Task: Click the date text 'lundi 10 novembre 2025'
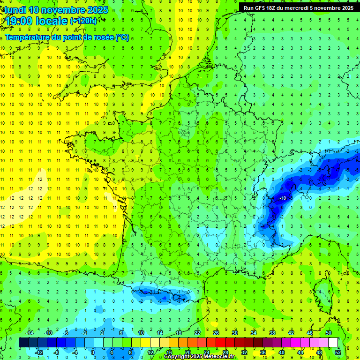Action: click(56, 10)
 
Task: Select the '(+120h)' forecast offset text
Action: click(83, 21)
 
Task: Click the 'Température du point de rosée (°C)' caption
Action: click(67, 37)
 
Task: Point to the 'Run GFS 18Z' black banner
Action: click(299, 8)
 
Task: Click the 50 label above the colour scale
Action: click(329, 333)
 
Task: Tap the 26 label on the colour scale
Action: click(216, 333)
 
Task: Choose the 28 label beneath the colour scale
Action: click(225, 352)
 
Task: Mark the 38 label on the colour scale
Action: click(272, 333)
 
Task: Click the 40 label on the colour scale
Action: click(282, 352)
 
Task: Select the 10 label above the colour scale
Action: click(141, 333)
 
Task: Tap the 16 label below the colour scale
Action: click(169, 352)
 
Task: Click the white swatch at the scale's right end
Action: click(333, 343)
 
